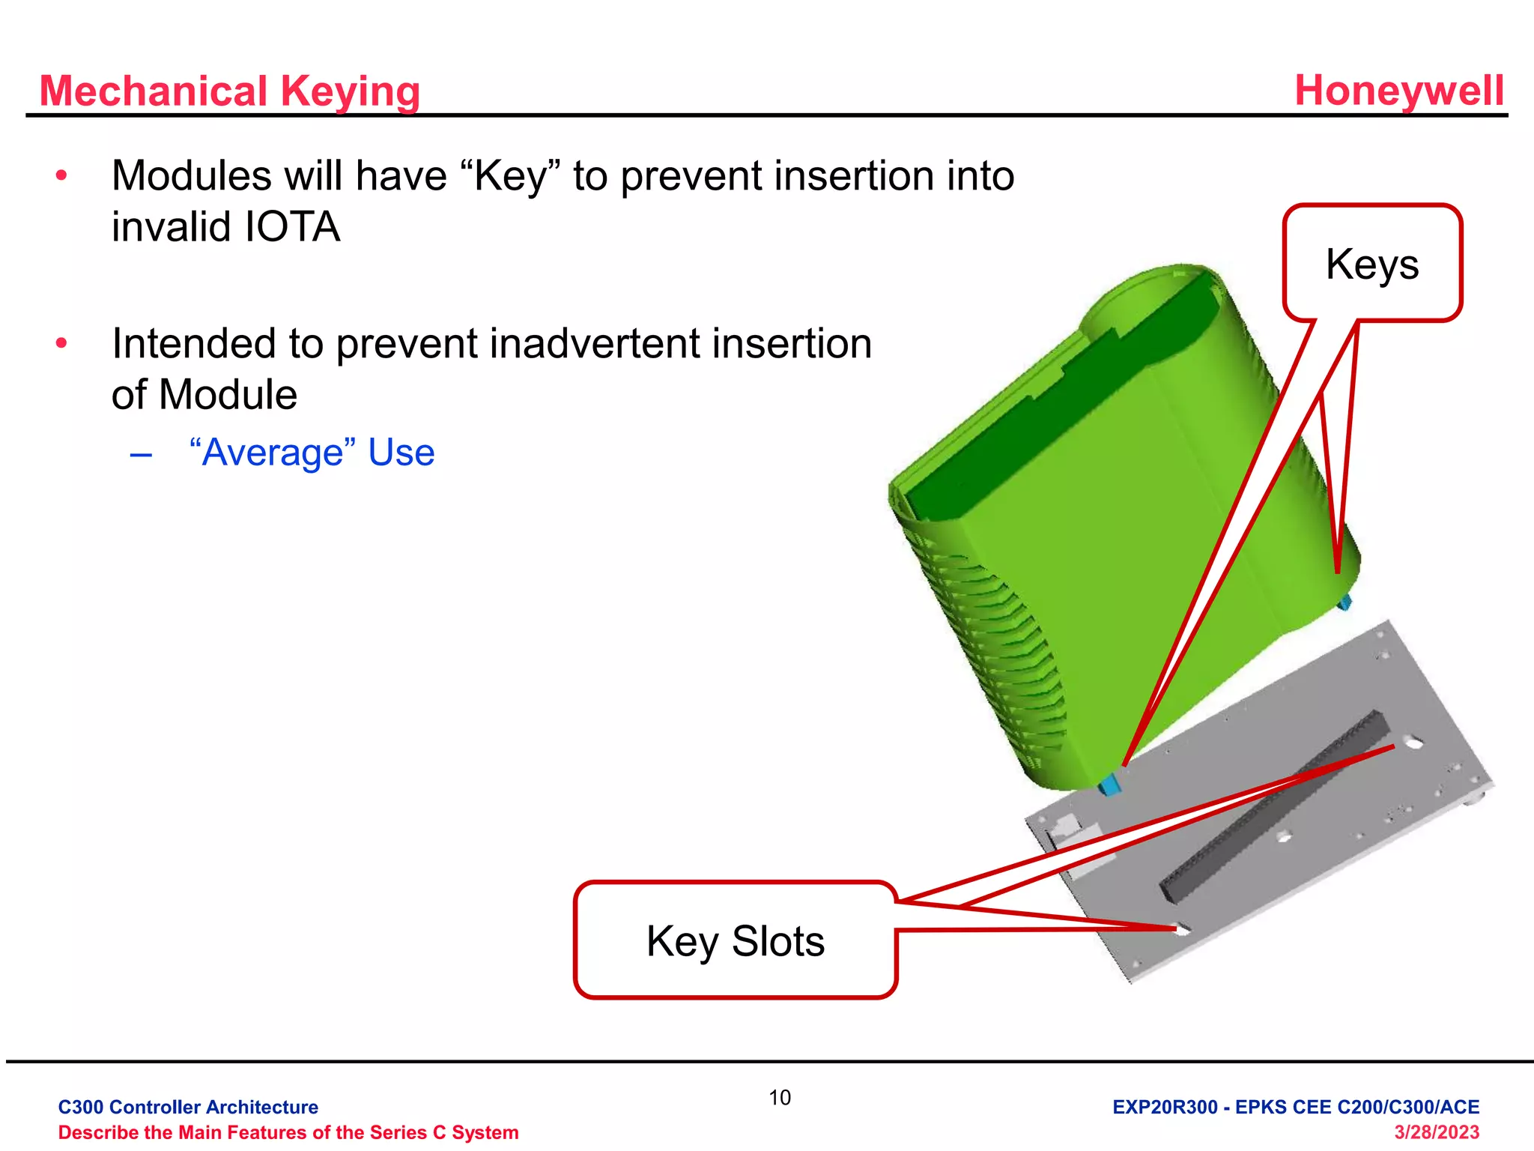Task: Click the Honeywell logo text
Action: (x=1399, y=91)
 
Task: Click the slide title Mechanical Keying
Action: (x=230, y=91)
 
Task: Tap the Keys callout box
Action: (x=1372, y=263)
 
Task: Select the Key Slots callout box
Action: (x=736, y=940)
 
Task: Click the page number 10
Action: (x=780, y=1098)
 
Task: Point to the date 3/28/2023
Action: (x=1437, y=1132)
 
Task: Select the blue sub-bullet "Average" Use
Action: (x=312, y=453)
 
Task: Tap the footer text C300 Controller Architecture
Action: (x=188, y=1107)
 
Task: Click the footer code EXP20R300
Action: (x=1165, y=1107)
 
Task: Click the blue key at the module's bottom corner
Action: (x=1110, y=784)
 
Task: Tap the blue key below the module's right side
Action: (x=1345, y=601)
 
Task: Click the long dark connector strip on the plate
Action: (x=1274, y=805)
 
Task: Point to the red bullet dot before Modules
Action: (x=61, y=176)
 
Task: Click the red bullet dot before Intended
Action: (x=61, y=344)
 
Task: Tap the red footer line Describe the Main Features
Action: (x=288, y=1132)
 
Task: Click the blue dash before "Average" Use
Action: (x=141, y=454)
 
